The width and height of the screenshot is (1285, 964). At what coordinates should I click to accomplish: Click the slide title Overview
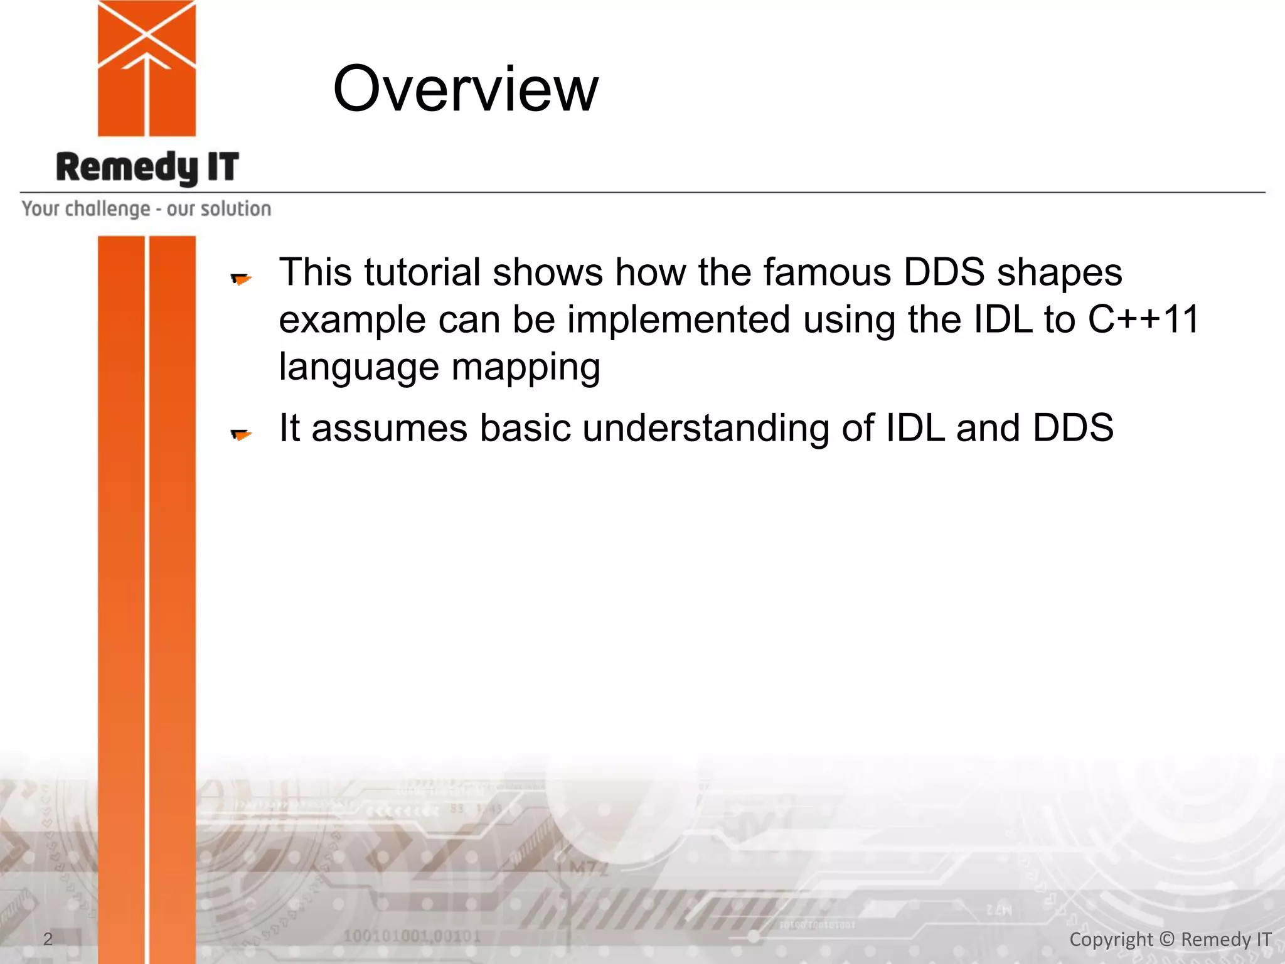tap(465, 90)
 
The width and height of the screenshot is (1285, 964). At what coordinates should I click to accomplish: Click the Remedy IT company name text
tap(147, 168)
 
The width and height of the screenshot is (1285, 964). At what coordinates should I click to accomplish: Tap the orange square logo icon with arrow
tap(147, 68)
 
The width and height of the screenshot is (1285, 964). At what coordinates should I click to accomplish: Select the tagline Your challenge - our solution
tap(147, 208)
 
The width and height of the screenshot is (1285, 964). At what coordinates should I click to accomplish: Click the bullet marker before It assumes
tap(240, 434)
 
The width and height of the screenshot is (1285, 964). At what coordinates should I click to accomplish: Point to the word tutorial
tap(422, 272)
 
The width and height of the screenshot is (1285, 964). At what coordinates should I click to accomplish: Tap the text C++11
tap(1143, 319)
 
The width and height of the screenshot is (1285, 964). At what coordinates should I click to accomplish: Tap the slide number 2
tap(48, 939)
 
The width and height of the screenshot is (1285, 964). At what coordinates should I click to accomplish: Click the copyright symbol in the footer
tap(1166, 939)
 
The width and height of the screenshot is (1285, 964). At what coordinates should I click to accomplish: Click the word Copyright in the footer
tap(1111, 940)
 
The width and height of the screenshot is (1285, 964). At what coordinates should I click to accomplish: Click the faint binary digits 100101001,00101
tap(412, 936)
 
